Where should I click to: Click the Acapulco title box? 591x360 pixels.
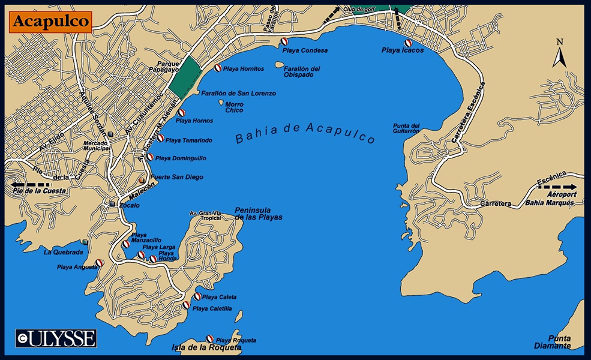[x=51, y=22]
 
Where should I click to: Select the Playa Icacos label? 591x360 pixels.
[x=402, y=51]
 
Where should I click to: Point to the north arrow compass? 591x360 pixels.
[x=559, y=54]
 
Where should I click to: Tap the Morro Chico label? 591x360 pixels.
[x=234, y=107]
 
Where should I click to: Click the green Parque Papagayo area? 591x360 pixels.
[x=184, y=75]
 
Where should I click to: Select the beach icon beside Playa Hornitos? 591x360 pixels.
[x=218, y=68]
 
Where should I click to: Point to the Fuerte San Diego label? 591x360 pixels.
[x=176, y=178]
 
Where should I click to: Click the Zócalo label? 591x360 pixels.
[x=130, y=205]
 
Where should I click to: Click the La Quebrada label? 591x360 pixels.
[x=63, y=253]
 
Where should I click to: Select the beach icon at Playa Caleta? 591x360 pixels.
[x=197, y=296]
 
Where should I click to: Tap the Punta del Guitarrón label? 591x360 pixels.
[x=406, y=128]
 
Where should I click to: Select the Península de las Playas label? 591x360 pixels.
[x=258, y=213]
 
